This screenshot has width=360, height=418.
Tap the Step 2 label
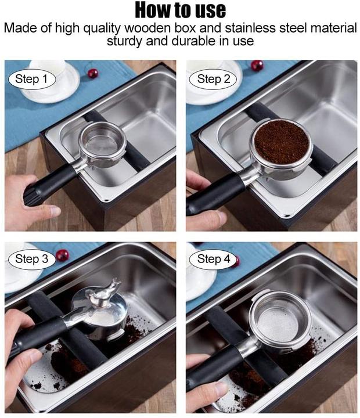coord(213,79)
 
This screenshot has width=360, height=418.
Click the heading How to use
coord(180,10)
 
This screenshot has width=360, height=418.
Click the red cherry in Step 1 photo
coord(93,73)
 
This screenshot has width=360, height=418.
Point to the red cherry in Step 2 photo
coord(257,66)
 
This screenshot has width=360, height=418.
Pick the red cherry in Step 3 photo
coord(62,255)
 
